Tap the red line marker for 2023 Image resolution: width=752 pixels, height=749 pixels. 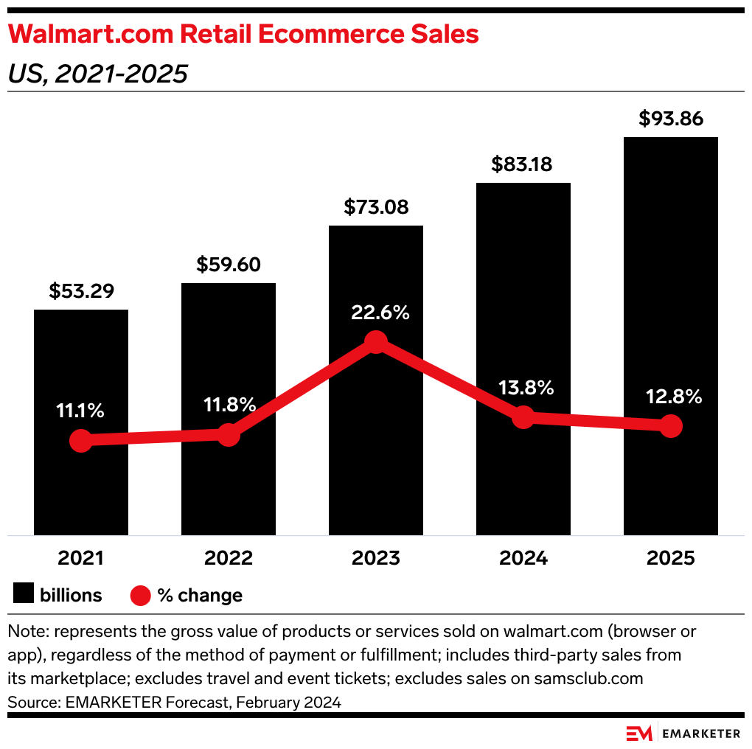point(376,342)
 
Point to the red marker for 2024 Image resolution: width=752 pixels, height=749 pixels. point(523,417)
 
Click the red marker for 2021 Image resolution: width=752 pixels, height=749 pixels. point(81,441)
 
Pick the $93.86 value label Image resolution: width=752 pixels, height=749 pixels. point(671,119)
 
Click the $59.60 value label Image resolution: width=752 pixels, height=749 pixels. point(229,265)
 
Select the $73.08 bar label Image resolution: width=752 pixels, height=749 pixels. point(376,207)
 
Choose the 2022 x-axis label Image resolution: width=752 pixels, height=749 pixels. point(229,558)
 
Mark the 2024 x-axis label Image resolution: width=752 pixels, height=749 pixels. point(523,558)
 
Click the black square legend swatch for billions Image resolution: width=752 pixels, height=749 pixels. point(24,595)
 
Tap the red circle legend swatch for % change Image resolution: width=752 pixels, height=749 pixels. point(140,595)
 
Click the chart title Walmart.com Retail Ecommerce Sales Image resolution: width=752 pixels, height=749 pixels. point(243,35)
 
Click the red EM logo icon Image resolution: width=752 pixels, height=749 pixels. point(638,733)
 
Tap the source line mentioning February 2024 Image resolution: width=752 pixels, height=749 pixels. point(174,703)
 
